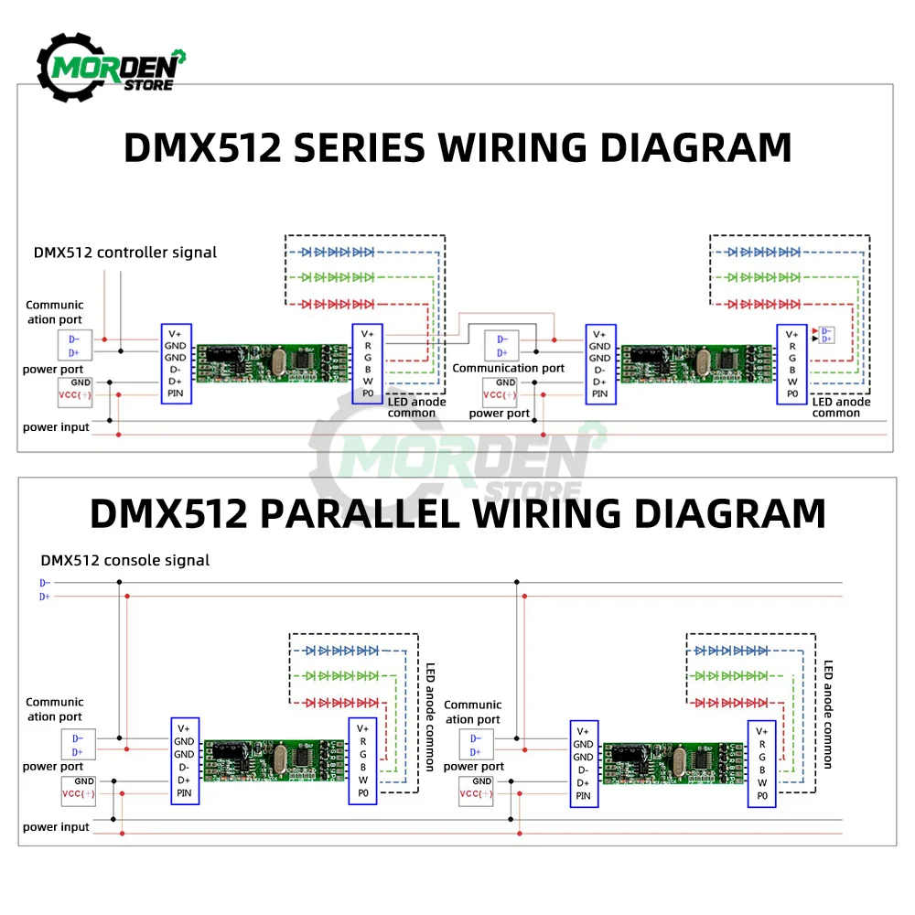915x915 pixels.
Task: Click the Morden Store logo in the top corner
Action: pos(110,68)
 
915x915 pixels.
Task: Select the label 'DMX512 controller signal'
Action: pos(125,253)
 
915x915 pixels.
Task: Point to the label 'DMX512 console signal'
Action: pos(124,560)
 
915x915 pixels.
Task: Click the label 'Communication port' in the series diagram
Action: pos(509,368)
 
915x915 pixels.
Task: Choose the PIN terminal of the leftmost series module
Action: pos(176,393)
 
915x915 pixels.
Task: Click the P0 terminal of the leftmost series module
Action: pos(368,393)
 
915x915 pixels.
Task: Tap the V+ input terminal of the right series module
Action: pos(600,335)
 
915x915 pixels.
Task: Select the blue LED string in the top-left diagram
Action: pos(338,252)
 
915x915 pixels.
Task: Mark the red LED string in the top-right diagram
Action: pos(765,303)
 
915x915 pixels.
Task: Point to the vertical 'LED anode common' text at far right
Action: pos(828,714)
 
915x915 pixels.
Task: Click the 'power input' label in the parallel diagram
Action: pos(56,827)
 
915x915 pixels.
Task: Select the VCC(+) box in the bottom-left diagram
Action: pos(79,794)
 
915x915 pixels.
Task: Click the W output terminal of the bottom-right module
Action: pos(762,783)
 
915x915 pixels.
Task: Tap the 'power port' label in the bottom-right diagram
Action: pos(474,767)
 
